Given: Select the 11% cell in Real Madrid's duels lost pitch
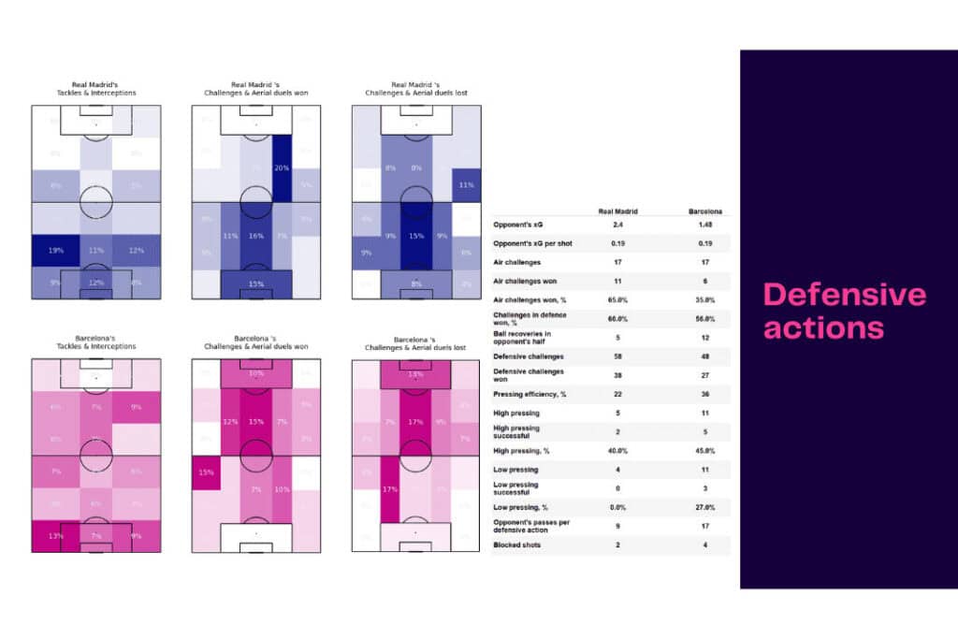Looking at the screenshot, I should (x=466, y=185).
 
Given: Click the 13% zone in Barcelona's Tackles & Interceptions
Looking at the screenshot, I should (x=54, y=536).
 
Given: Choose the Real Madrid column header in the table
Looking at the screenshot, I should (x=618, y=211).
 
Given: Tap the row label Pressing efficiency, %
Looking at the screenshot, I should (x=530, y=394).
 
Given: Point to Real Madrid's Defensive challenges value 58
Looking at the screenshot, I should (x=618, y=356).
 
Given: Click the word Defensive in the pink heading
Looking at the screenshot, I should (x=845, y=296).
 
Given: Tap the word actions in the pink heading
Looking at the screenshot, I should (x=823, y=327).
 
